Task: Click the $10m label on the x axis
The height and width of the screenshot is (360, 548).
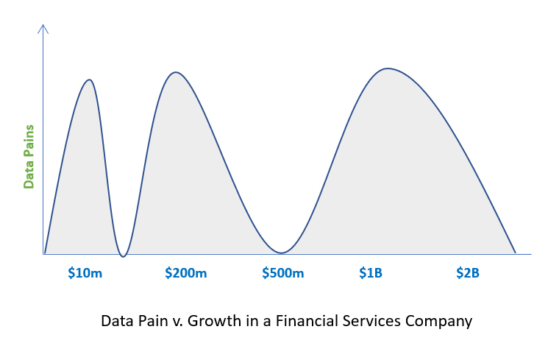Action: click(85, 272)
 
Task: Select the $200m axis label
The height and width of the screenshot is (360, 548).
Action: click(186, 272)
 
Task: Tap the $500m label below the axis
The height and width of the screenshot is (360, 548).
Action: click(283, 272)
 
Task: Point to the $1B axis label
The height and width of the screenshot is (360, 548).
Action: click(371, 272)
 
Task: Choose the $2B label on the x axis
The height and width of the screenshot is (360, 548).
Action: click(468, 272)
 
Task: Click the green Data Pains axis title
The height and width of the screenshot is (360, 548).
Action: click(29, 157)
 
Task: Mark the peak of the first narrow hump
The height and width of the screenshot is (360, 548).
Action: click(90, 80)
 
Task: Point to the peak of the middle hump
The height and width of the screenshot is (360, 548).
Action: click(176, 72)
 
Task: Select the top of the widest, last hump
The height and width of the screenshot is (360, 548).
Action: click(388, 68)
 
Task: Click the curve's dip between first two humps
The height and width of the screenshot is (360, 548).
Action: click(123, 256)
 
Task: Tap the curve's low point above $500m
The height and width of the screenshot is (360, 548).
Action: click(281, 253)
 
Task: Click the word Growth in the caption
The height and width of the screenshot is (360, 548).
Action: click(214, 321)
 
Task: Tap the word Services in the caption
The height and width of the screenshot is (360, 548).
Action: click(372, 321)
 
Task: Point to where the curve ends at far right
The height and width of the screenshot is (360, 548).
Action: click(515, 253)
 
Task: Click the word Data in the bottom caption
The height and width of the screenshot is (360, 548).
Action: click(118, 321)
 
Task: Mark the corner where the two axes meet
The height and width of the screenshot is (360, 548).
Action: click(43, 254)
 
